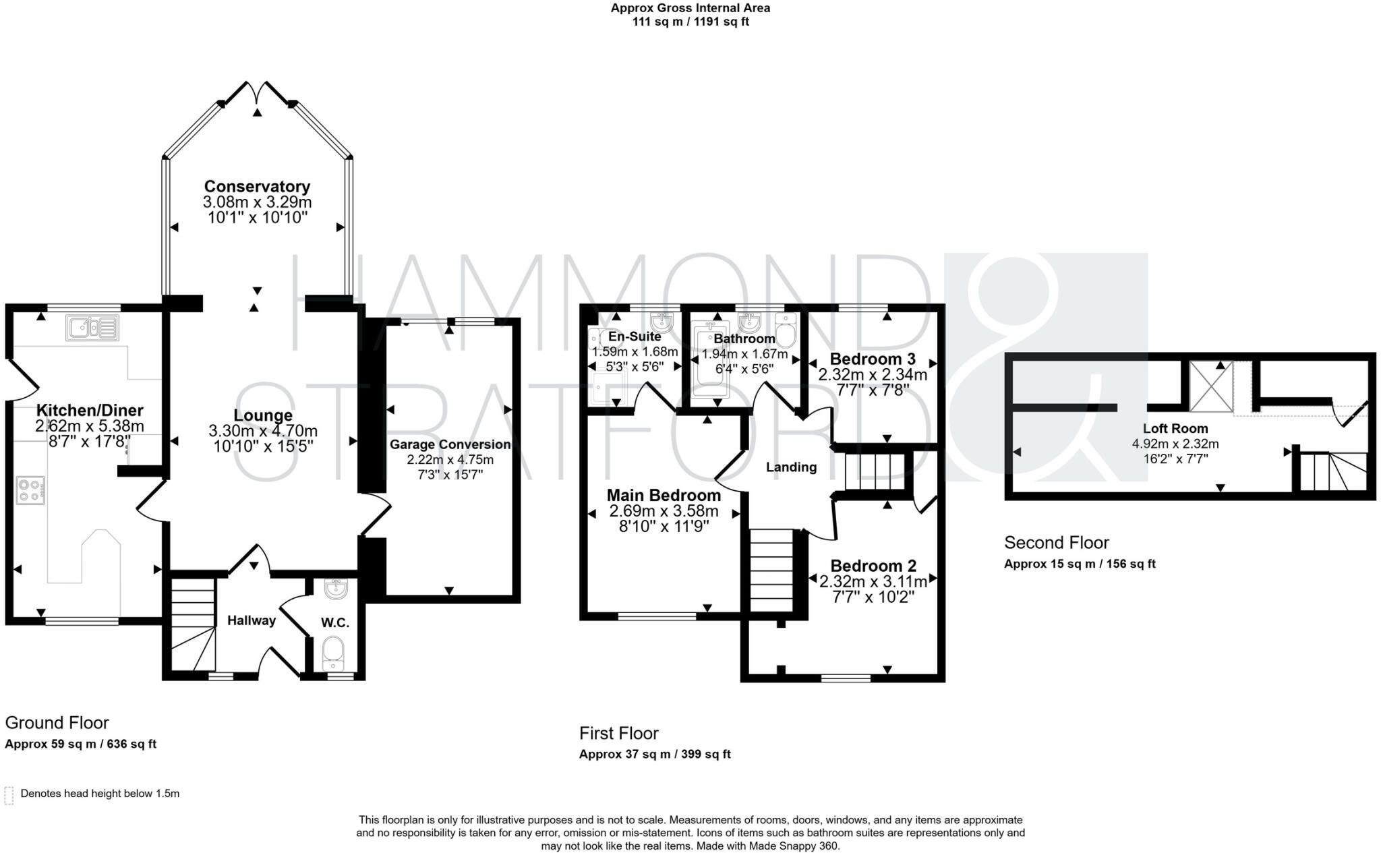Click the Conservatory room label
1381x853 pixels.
257,186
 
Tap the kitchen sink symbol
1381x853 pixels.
92,328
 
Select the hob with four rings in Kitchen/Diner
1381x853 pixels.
30,490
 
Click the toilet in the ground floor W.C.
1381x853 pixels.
334,651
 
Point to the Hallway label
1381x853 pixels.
251,620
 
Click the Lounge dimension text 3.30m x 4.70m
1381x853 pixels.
263,431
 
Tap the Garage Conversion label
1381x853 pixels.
450,444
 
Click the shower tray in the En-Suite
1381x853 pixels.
606,387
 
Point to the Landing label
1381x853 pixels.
791,467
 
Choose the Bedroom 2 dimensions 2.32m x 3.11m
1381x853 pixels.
873,581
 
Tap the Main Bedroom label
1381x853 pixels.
664,495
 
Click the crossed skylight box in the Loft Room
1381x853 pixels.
1211,386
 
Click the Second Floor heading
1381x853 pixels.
1056,542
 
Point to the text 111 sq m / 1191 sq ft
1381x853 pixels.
690,22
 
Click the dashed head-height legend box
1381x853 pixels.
9,795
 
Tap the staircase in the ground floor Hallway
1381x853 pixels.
192,627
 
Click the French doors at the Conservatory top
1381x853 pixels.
257,93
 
